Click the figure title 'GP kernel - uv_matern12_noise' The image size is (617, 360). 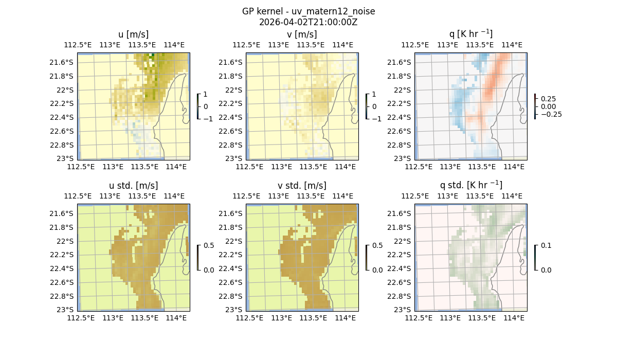(x=308, y=11)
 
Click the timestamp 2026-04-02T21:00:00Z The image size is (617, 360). (x=308, y=22)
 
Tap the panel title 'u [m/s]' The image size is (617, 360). (x=133, y=34)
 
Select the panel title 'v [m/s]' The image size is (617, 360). (x=302, y=34)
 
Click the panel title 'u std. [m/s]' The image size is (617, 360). (x=133, y=186)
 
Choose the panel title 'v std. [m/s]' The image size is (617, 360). (x=302, y=186)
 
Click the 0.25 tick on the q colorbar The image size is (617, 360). (x=547, y=99)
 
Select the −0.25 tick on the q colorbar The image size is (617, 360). (x=549, y=114)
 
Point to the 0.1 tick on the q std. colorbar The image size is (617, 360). (x=545, y=246)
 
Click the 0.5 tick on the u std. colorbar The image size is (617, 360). (x=209, y=246)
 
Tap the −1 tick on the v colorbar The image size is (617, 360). (x=377, y=118)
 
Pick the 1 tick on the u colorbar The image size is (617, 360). (x=206, y=95)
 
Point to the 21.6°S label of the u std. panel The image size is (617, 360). (x=61, y=213)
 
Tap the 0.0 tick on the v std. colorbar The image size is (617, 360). (x=377, y=269)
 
